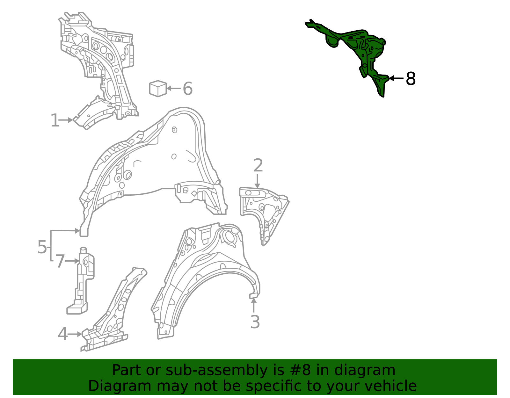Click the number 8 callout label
click(x=411, y=79)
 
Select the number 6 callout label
click(x=187, y=89)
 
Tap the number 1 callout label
click(x=55, y=120)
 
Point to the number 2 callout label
click(x=258, y=165)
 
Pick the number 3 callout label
click(x=255, y=322)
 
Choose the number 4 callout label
click(x=63, y=334)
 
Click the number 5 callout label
click(x=42, y=247)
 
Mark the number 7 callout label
click(x=60, y=261)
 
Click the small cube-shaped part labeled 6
click(x=158, y=89)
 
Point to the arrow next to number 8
click(x=396, y=78)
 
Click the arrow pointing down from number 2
click(x=258, y=181)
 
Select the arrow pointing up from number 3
click(x=253, y=305)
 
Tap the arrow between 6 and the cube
click(x=174, y=88)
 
